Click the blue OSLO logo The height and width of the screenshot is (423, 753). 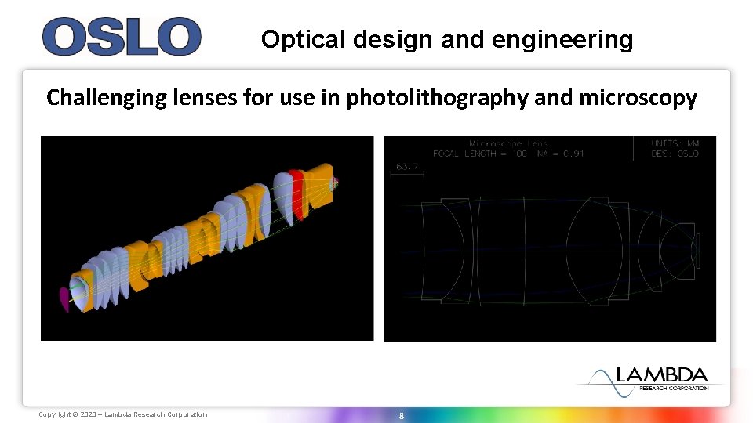coord(122,37)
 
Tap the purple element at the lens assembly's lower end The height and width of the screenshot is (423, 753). coord(64,298)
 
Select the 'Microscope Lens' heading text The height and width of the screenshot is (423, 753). coord(507,143)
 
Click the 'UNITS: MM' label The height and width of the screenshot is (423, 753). coord(675,143)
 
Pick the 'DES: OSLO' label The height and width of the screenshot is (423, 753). coord(675,154)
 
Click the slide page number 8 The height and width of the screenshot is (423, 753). coord(401,415)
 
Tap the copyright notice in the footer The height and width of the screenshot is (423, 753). coord(123,414)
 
